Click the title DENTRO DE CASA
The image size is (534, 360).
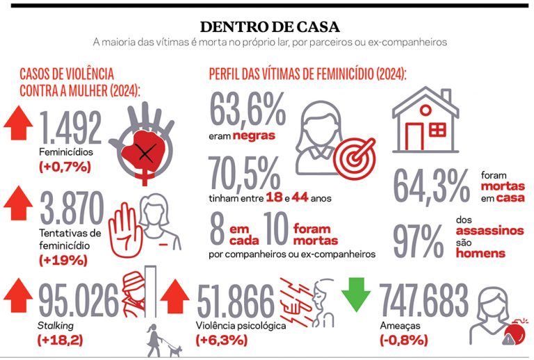coord(269,27)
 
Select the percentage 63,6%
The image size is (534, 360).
coord(247,108)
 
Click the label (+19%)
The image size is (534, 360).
coord(62,261)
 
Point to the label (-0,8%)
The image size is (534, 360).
coord(404,340)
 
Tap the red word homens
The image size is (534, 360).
coord(480,254)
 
